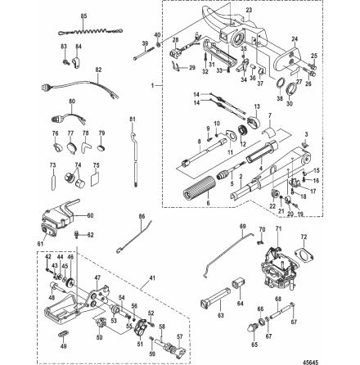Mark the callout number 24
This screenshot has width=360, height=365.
[295, 38]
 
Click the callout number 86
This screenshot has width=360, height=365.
[141, 216]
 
